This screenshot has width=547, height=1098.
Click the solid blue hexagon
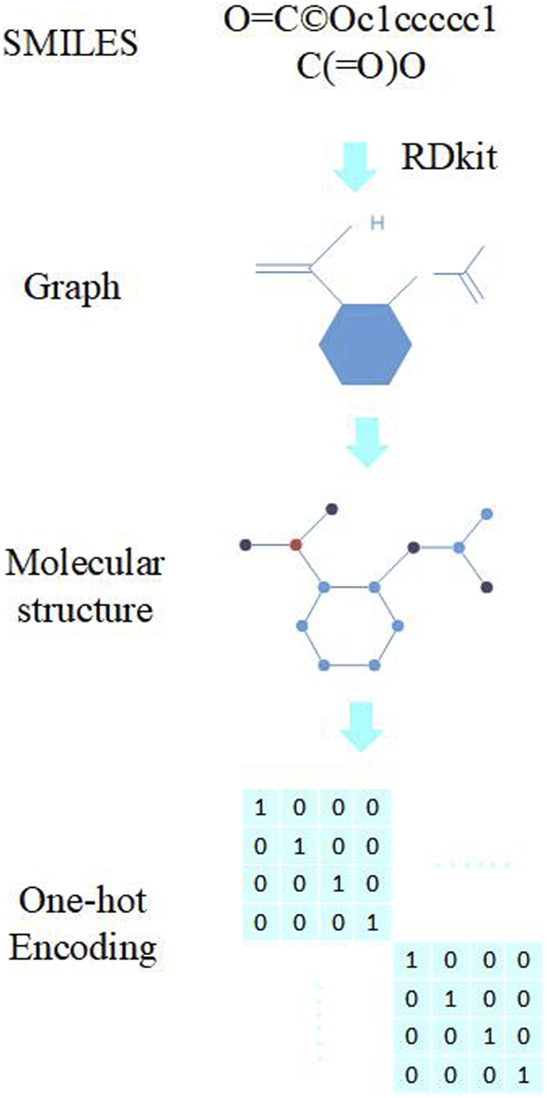[366, 344]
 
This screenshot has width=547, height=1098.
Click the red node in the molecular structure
[295, 545]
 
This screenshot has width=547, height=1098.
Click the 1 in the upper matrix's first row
[260, 810]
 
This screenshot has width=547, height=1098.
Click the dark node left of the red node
[245, 545]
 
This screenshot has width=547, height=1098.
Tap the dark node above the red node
[332, 508]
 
